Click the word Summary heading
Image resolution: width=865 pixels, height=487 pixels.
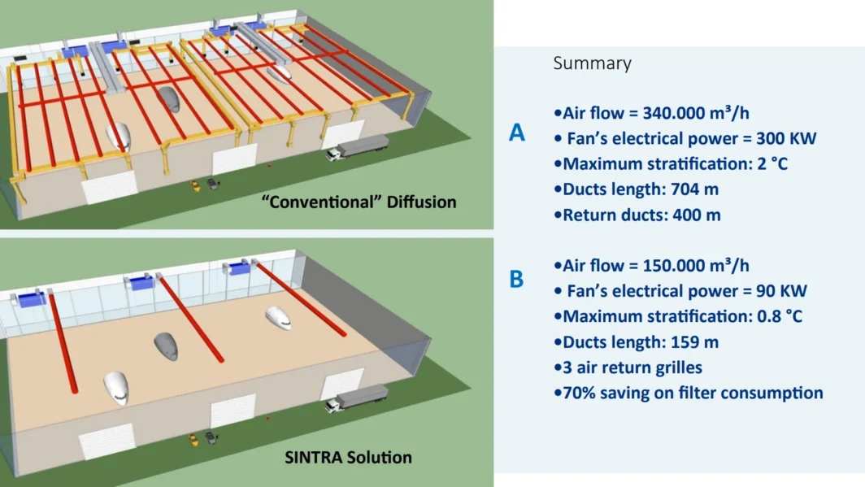[592, 63]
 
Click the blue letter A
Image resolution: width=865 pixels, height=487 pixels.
[517, 133]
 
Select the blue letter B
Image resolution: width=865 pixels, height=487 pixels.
[517, 280]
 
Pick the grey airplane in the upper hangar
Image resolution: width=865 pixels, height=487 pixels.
[170, 98]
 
